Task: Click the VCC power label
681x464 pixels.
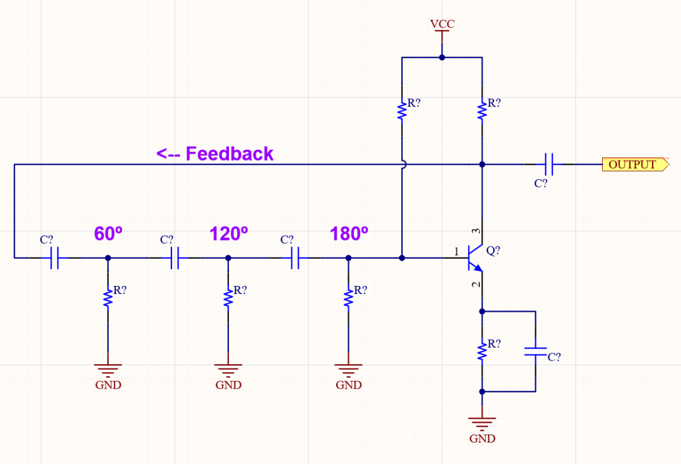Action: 442,24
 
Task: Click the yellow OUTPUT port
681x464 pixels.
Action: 633,165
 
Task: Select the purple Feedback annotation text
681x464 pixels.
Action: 215,154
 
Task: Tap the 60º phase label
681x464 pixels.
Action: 108,234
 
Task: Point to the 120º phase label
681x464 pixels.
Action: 228,234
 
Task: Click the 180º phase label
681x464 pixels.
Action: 349,234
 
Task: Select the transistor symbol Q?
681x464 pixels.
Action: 475,258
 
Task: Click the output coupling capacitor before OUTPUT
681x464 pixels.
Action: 549,165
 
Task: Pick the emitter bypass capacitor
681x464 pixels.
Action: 536,351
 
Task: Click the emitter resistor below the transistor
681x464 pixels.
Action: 481,351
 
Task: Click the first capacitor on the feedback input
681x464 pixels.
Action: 54,258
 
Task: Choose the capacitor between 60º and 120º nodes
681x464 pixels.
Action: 174,258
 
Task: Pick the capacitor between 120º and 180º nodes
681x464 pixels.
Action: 295,258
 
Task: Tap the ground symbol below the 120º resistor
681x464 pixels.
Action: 228,368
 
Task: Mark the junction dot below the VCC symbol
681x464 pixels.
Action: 442,57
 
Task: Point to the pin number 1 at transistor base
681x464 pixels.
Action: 456,252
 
